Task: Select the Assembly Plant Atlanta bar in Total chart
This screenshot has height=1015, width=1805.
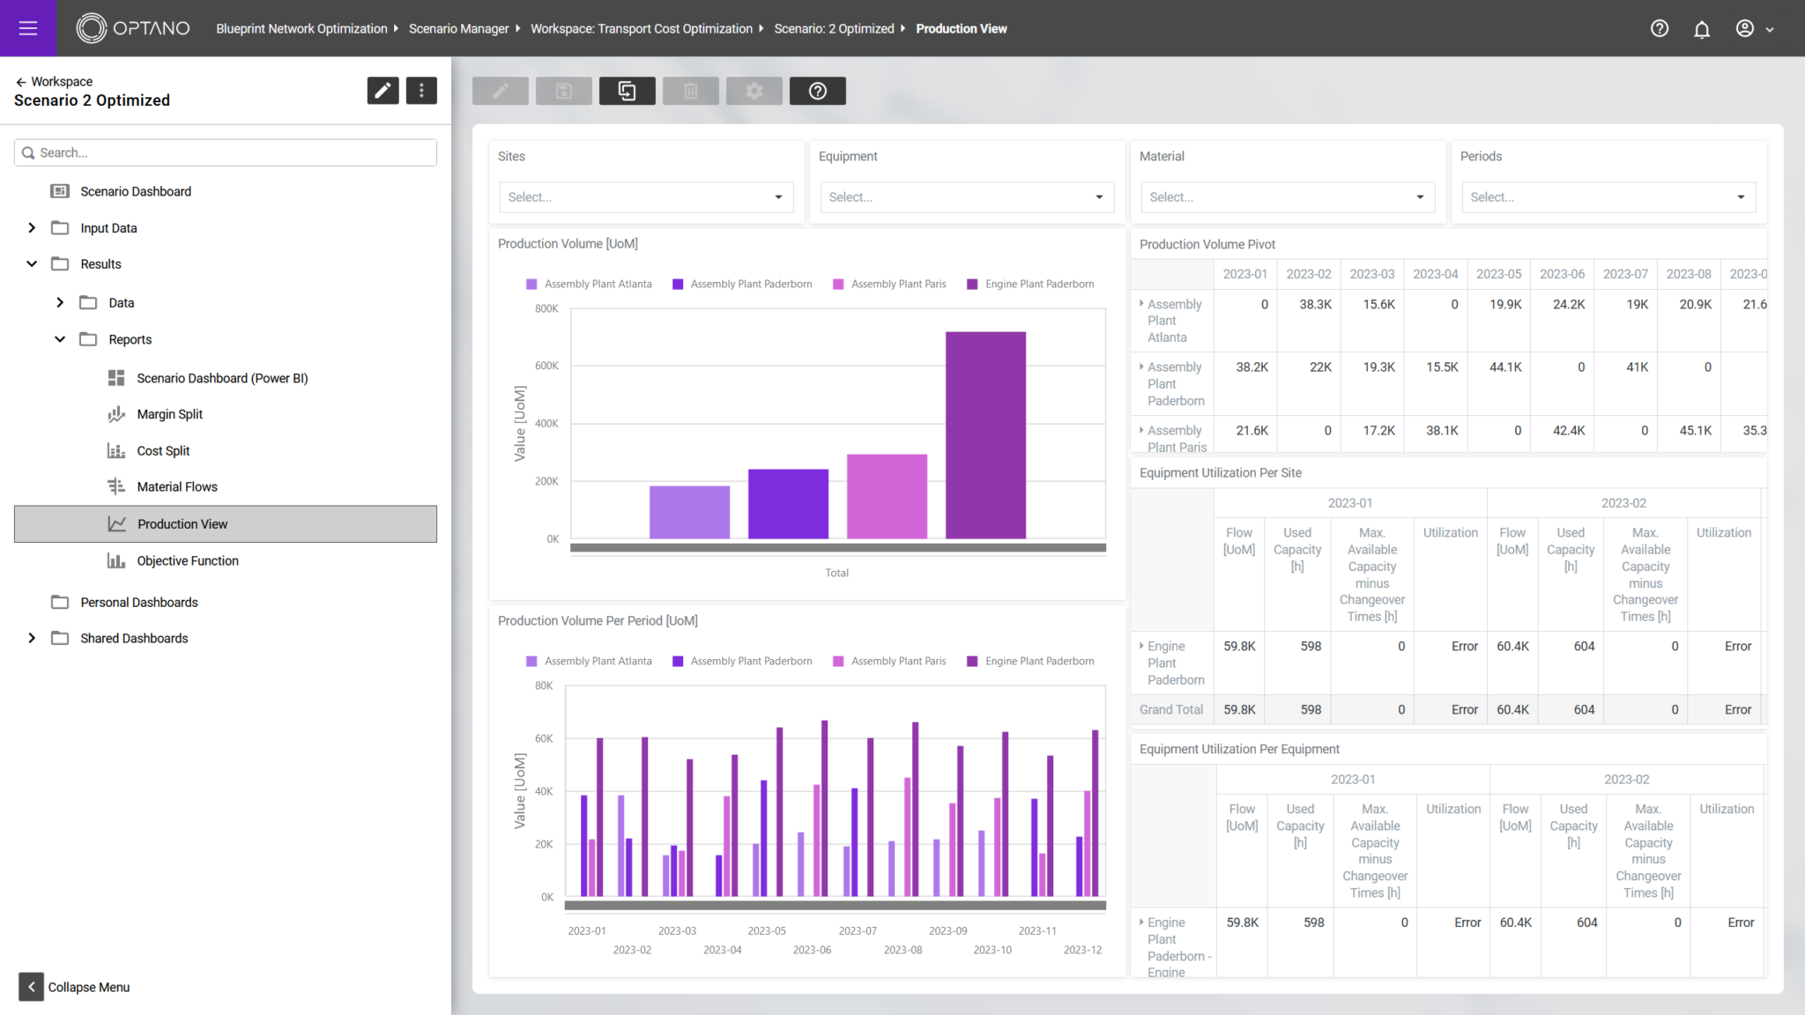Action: [689, 512]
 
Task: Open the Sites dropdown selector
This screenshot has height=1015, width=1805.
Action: [645, 197]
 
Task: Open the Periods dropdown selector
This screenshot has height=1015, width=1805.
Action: [1608, 197]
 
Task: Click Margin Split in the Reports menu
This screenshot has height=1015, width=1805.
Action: [169, 414]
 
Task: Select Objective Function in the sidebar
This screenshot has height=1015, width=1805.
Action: [187, 560]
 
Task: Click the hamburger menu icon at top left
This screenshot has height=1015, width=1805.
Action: [28, 28]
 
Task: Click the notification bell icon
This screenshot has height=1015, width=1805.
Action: [1701, 29]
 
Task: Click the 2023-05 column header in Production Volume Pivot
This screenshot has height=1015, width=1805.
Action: [1498, 274]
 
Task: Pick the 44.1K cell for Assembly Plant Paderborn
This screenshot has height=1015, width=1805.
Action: [1505, 367]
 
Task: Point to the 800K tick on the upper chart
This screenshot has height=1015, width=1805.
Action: [546, 308]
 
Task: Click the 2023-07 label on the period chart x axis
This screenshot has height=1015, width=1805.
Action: [858, 930]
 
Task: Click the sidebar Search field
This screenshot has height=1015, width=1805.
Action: [226, 152]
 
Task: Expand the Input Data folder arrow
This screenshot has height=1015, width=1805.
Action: [32, 228]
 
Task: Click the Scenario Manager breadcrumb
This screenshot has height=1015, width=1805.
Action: [458, 29]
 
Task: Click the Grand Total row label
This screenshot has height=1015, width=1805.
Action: [1170, 709]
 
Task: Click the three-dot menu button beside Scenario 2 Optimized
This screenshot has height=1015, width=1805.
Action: [421, 91]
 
